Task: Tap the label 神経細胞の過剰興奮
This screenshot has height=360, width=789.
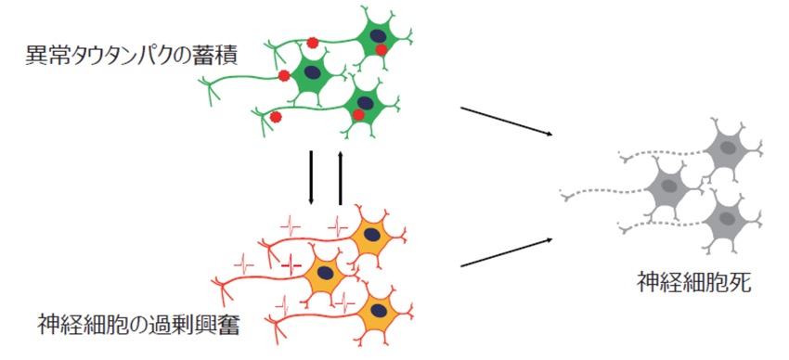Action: coord(138,327)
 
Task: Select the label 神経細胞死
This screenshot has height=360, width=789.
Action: coord(694,283)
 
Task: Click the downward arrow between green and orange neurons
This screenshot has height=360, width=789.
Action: coord(311,177)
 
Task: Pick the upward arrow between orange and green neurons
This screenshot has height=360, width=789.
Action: coord(341,177)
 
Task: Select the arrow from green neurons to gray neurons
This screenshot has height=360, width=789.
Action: coord(507,121)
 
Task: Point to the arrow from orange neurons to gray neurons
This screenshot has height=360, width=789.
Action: coord(507,252)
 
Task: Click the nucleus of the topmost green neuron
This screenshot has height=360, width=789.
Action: coord(376,35)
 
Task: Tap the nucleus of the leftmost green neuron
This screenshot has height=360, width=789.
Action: coord(313,72)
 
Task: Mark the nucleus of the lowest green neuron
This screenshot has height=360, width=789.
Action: coord(366,103)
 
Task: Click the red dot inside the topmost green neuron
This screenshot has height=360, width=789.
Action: coord(382,49)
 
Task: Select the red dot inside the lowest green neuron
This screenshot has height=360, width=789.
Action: coord(358,115)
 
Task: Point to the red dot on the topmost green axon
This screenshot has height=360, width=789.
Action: coord(313,43)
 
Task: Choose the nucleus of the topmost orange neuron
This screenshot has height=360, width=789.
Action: coord(372,235)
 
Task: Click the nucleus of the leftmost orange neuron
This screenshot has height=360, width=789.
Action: coord(326,273)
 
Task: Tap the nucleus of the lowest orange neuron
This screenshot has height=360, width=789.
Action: coord(379,311)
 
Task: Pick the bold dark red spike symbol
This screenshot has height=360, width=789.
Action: coord(291,265)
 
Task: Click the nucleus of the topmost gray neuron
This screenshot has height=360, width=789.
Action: coord(727,148)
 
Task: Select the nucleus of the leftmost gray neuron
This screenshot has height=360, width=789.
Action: coord(669,186)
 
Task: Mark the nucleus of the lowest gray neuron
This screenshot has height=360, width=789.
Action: coord(727,218)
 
